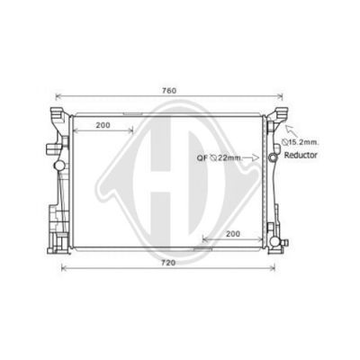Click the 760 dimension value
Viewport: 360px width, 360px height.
tap(169, 90)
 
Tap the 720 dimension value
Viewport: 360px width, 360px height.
tap(168, 263)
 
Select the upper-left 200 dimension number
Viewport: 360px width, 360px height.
tap(103, 125)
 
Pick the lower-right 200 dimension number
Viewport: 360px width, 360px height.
tap(233, 234)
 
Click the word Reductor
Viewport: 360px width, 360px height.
tap(301, 155)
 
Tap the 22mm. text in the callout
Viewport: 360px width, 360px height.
tap(229, 157)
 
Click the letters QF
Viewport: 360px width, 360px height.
tap(202, 157)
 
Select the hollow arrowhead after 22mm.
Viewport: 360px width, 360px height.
tap(256, 157)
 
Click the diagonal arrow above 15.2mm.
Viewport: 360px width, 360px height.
tap(289, 130)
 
